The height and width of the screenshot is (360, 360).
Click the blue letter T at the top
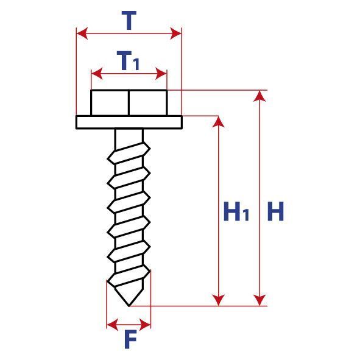coord(129,21)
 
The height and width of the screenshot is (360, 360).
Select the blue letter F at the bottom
coord(130,339)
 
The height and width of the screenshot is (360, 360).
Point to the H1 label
coord(236,211)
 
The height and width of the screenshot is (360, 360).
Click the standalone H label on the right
coord(276,211)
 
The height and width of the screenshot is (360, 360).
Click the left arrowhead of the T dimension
coord(82,34)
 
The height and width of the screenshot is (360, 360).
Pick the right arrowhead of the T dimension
coord(176,34)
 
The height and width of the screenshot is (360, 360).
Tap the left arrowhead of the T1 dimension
coord(97,74)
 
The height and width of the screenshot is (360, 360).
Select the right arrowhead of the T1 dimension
coord(161,74)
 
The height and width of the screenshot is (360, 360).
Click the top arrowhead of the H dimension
coord(259,96)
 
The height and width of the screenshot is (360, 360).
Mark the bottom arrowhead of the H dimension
coord(259,300)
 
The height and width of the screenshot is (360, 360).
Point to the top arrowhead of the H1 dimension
coord(218,122)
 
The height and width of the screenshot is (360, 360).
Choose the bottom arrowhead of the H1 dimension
coord(218,300)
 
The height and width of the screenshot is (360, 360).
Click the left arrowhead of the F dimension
coord(113,325)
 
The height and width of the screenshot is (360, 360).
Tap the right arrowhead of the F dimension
coord(145,325)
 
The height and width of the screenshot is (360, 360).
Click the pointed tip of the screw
coord(129,306)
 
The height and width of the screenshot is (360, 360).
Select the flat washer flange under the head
coord(129,122)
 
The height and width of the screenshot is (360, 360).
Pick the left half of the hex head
coord(110,103)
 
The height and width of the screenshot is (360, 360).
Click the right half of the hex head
coord(148,103)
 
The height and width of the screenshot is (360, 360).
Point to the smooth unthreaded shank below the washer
coord(129,137)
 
